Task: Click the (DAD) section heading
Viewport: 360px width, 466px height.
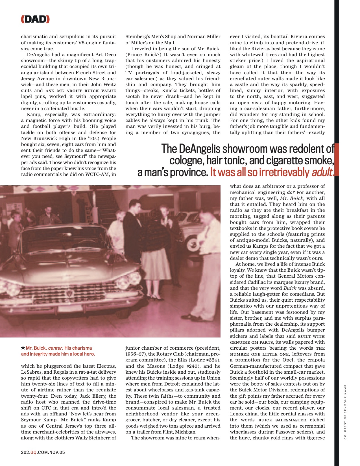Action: [35, 19]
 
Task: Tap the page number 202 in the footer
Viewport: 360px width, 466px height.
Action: [25, 452]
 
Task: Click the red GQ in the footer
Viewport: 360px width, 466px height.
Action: [33, 452]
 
